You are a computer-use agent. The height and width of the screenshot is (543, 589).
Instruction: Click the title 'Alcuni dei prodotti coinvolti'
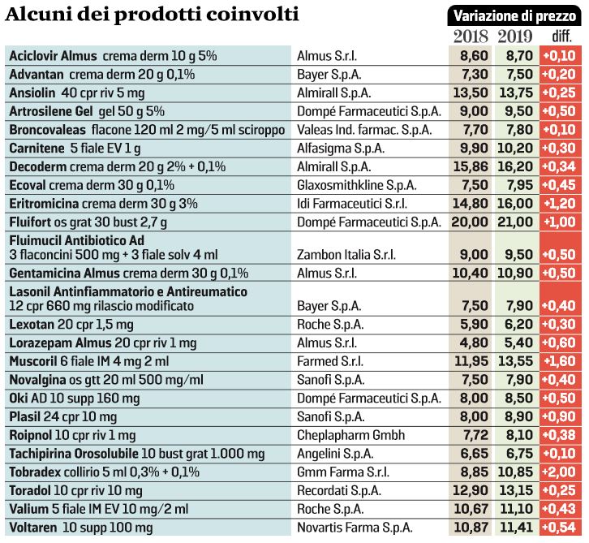pyautogui.click(x=153, y=14)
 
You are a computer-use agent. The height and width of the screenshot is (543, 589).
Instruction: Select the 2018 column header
pyautogui.click(x=470, y=36)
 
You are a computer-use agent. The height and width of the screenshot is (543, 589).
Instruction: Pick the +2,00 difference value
pyautogui.click(x=561, y=472)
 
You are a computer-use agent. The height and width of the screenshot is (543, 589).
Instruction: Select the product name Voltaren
pyautogui.click(x=33, y=527)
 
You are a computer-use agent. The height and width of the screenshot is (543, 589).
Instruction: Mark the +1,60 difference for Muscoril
pyautogui.click(x=561, y=360)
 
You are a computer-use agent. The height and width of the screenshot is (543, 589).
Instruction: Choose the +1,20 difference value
pyautogui.click(x=561, y=203)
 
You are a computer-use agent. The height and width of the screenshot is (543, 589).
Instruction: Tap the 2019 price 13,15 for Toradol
pyautogui.click(x=514, y=490)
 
